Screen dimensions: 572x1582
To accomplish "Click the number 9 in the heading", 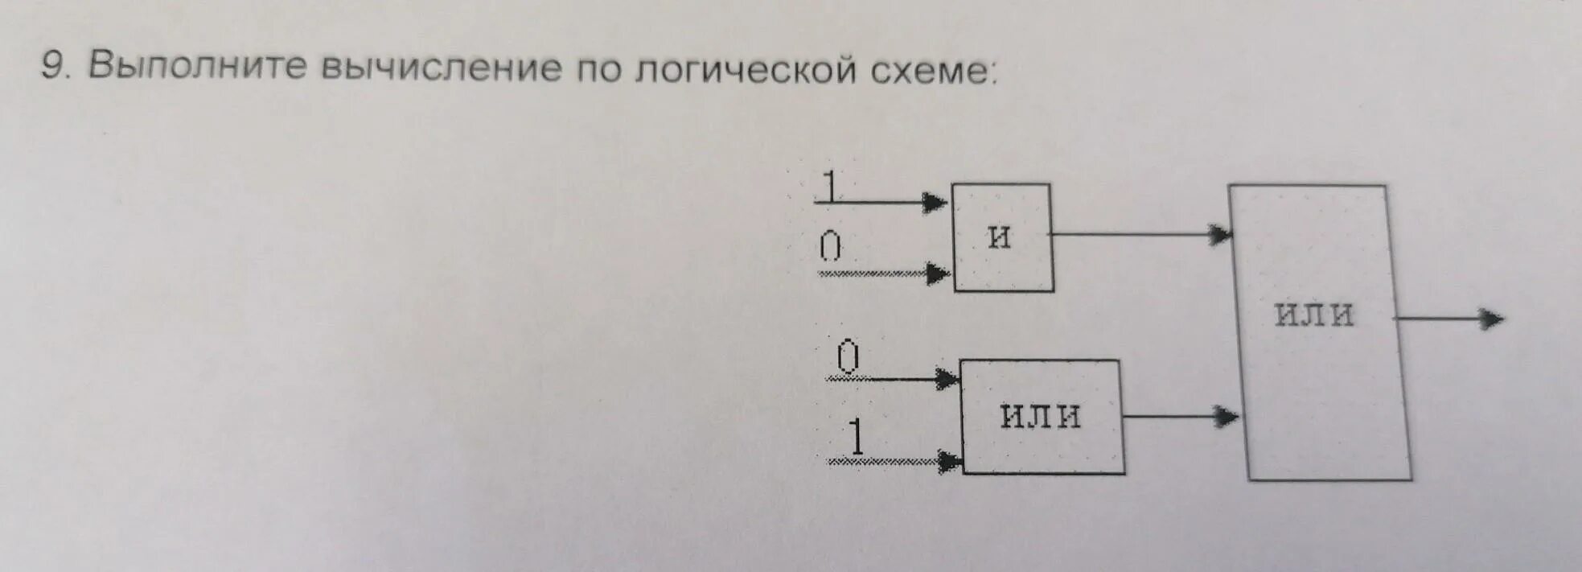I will point(52,67).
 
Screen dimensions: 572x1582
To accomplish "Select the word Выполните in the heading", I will point(197,67).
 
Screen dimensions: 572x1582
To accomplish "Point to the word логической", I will point(745,71).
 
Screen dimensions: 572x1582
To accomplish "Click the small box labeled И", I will point(1003,237).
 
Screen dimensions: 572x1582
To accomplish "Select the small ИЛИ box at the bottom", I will point(1042,416).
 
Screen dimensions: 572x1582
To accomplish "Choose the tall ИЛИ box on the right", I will point(1319,331).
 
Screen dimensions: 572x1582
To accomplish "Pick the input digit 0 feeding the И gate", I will point(830,246).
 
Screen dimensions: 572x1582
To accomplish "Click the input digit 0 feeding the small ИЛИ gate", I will point(848,356).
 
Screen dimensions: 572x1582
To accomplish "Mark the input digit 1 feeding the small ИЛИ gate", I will point(857,438).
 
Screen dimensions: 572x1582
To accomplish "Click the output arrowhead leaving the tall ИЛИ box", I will point(1492,319).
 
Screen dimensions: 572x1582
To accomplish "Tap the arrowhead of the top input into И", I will point(935,202).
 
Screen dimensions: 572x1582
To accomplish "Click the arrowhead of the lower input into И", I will point(938,274).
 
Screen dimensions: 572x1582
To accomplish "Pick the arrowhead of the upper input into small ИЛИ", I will point(947,378).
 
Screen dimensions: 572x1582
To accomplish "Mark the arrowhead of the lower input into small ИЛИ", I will point(950,462).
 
